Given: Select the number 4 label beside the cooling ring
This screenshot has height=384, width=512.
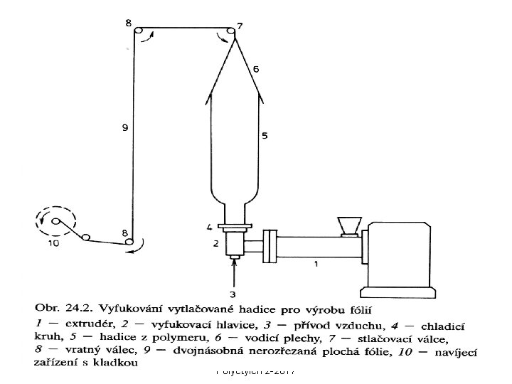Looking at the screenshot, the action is [209, 228].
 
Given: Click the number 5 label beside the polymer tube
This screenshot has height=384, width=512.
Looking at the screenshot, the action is [265, 135].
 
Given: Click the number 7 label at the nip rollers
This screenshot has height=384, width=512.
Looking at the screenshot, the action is [240, 26].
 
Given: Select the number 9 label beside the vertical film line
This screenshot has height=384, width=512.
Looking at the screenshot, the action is [124, 129].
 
